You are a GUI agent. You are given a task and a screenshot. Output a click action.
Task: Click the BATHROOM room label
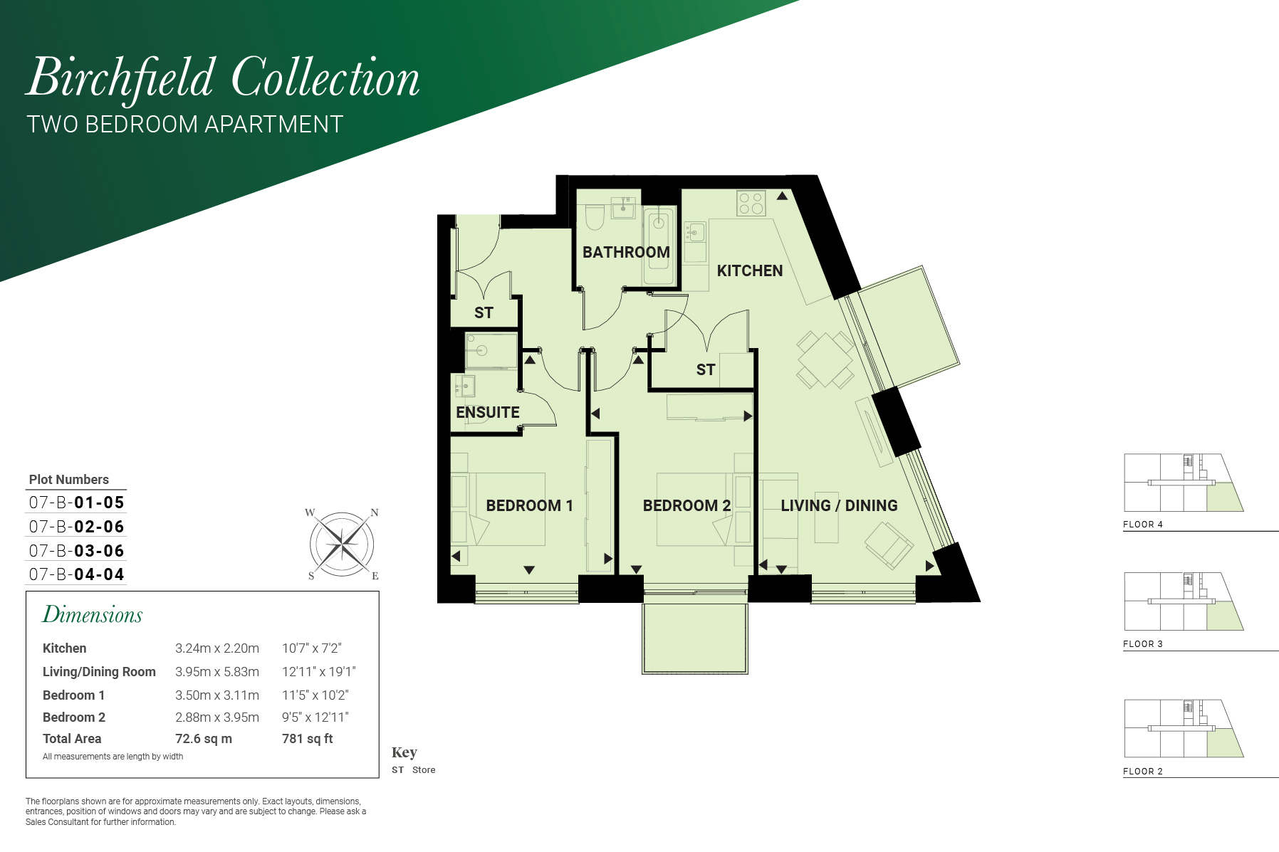coord(626,252)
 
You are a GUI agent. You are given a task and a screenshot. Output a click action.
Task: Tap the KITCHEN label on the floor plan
coord(750,270)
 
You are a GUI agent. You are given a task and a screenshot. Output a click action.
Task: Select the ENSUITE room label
coord(488,412)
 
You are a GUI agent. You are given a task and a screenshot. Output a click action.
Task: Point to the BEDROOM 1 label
coord(529,505)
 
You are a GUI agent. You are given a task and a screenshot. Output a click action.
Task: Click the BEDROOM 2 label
coord(687,505)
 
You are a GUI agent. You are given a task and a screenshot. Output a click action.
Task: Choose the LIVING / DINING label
coord(839,505)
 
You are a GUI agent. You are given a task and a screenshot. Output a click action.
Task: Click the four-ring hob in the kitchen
coord(751,203)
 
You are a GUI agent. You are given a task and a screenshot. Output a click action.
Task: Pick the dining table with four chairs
coord(825,359)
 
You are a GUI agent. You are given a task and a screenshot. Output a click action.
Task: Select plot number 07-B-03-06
coord(77,551)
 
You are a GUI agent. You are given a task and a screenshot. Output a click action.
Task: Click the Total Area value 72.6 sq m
coord(204,739)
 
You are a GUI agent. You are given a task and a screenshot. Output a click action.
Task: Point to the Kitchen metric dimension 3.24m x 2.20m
coord(217,648)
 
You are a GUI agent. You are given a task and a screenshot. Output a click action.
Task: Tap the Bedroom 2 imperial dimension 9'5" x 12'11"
coord(315,717)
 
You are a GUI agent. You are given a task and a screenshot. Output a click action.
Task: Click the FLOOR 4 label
coord(1143,525)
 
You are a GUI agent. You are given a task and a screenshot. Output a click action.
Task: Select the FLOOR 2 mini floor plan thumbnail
coord(1184,728)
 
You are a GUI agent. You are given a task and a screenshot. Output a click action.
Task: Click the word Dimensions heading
coord(93,614)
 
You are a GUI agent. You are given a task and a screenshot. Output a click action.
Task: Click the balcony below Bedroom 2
coord(695,638)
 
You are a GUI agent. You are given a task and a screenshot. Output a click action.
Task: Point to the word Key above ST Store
coord(404,752)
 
